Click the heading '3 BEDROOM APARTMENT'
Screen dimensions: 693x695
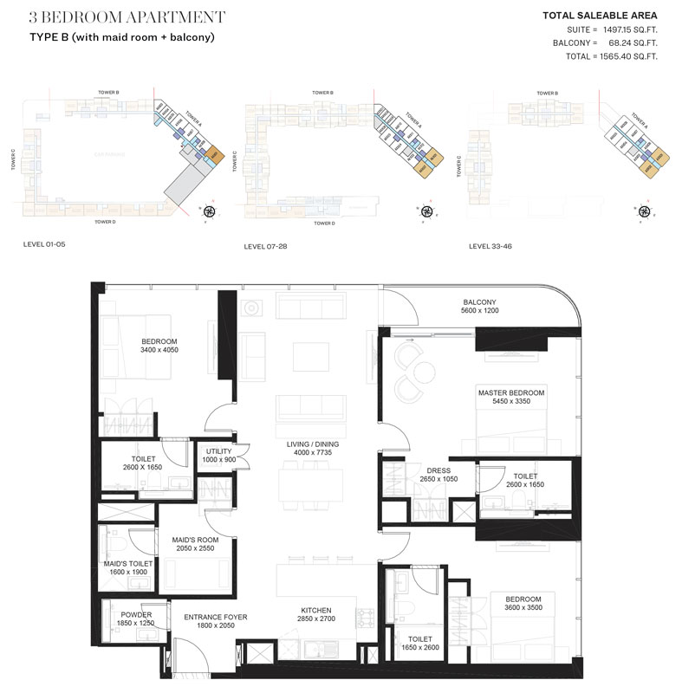pos(127,16)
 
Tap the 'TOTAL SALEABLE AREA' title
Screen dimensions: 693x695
pos(600,15)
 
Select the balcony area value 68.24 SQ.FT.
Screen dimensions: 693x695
pos(627,42)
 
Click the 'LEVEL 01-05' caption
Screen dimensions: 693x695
pos(44,245)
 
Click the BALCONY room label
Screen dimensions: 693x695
pos(478,303)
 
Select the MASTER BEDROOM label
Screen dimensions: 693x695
pos(511,392)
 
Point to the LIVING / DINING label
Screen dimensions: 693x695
pos(313,444)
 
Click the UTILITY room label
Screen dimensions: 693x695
pos(218,451)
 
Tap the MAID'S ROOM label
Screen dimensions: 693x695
pos(195,539)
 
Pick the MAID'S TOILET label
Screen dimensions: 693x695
pos(128,563)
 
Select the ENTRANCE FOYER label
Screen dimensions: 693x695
pos(216,617)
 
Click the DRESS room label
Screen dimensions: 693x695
pos(433,469)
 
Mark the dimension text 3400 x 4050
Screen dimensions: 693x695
pos(159,352)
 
